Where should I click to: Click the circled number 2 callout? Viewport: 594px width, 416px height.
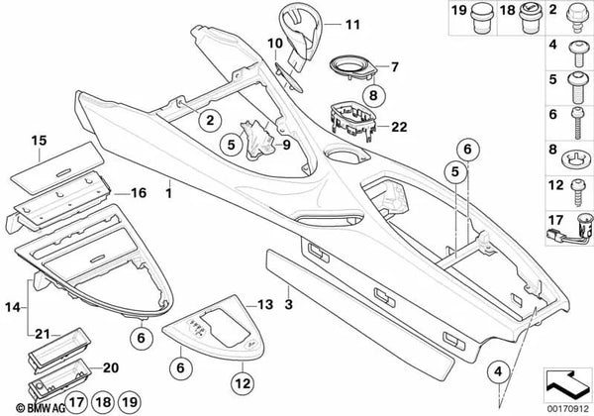tap(210, 121)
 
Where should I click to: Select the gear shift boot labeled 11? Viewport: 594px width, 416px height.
tap(299, 36)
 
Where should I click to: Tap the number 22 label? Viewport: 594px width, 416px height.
tap(399, 127)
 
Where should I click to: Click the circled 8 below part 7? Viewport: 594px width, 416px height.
tap(373, 95)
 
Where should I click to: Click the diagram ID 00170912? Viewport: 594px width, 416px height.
tap(568, 409)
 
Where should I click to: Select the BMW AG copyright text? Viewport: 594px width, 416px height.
tap(41, 408)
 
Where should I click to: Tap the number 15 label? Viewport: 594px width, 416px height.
tap(39, 141)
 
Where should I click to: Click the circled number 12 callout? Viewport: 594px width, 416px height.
tap(243, 383)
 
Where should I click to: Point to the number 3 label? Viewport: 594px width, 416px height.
tap(289, 304)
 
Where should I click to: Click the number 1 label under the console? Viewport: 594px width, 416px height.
tap(169, 193)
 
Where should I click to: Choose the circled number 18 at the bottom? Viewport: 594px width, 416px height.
tap(103, 402)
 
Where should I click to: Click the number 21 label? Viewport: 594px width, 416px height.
tap(43, 334)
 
